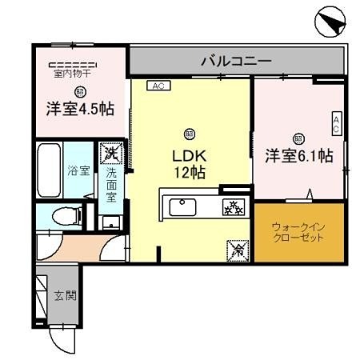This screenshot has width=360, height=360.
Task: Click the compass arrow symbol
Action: pos(330,22)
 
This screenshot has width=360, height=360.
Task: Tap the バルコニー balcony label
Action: pos(236,60)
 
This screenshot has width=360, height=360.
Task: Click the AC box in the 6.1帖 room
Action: pos(337,123)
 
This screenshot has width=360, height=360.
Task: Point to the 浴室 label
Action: pos(77,170)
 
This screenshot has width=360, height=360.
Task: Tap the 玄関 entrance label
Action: pos(65,295)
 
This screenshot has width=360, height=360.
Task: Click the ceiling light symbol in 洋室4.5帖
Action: pos(79,91)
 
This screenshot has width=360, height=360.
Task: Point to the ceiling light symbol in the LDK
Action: pos(190,132)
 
